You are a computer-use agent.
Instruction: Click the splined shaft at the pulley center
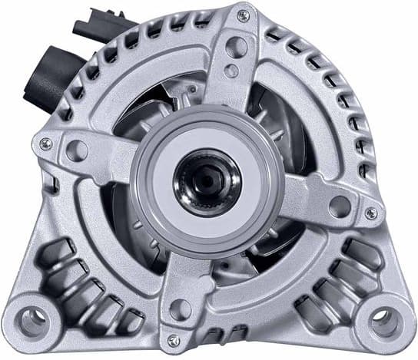coord(207,183)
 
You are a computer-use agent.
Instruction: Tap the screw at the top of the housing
coord(243,15)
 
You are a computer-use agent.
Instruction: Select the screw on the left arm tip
coord(46,144)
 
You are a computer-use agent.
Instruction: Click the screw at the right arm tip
coord(371,213)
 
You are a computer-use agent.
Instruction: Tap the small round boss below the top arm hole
coord(231,71)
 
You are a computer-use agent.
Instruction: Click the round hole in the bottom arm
coord(181,309)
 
